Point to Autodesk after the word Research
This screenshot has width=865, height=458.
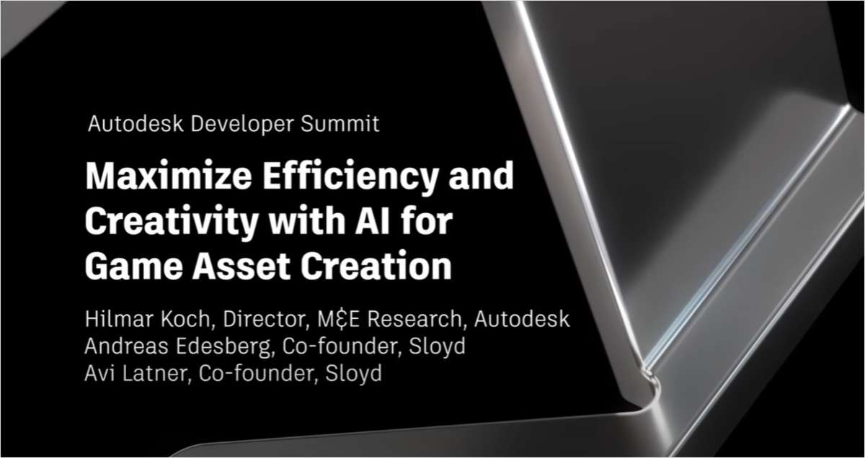pos(526,318)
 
